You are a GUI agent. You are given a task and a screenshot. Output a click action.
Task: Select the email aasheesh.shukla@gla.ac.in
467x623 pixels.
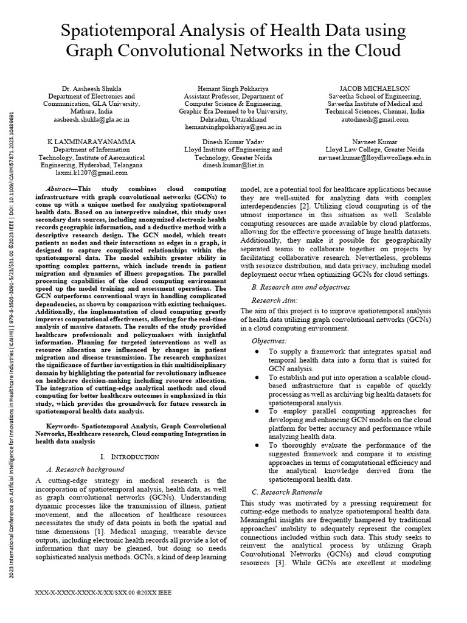(x=91, y=120)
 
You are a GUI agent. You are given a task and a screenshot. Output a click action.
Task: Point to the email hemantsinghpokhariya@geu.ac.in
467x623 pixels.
(x=233, y=128)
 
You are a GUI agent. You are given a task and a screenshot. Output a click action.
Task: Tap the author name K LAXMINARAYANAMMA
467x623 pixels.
(x=91, y=141)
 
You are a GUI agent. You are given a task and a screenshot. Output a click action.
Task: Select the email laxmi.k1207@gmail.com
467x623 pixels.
(x=91, y=172)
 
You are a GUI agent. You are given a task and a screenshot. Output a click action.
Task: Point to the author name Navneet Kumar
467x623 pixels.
(x=375, y=141)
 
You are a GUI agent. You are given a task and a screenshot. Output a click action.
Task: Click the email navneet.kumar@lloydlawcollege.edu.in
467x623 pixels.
(x=375, y=157)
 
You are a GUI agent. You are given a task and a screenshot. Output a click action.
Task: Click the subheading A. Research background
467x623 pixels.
(x=85, y=469)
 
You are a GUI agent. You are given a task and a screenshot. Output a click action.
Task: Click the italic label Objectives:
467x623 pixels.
(x=269, y=341)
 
